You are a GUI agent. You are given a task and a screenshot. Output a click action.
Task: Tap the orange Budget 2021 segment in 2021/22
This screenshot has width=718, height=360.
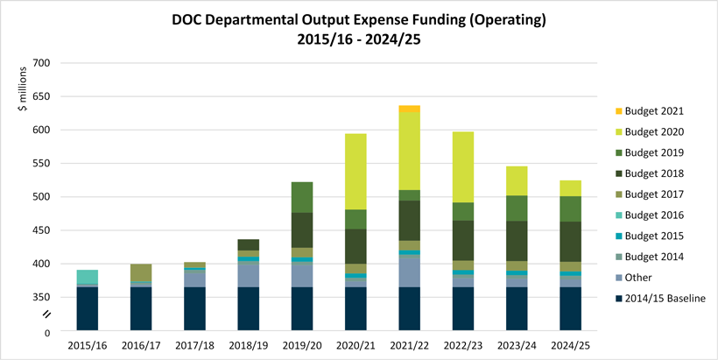pos(409,109)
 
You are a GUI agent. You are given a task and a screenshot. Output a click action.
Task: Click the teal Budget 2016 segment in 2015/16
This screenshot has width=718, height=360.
pos(86,277)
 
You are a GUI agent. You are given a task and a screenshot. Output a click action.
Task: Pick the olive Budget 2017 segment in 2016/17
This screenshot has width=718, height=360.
pos(140,272)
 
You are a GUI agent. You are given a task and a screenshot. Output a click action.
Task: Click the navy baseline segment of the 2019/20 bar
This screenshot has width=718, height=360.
pos(301,309)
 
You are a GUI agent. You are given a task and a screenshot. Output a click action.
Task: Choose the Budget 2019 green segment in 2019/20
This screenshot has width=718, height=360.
pos(301,197)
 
